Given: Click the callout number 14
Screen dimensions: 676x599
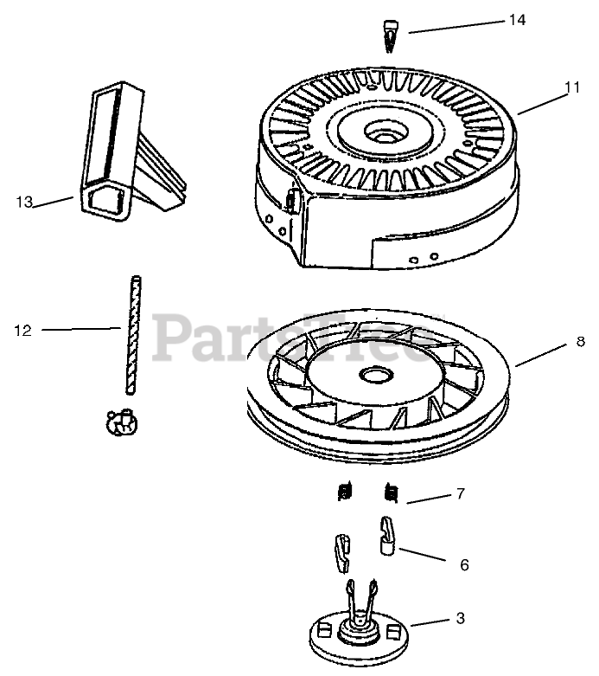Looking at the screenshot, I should click(x=517, y=20).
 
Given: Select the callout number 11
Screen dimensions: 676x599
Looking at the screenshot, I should click(x=571, y=87).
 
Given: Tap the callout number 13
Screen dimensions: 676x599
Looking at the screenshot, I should click(x=23, y=202).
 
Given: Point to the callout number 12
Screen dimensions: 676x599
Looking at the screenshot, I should click(x=23, y=330).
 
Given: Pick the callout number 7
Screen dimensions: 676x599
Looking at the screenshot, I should click(x=461, y=494).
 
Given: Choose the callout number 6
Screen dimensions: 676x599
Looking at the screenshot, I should click(x=464, y=565).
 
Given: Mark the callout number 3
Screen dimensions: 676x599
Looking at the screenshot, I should click(x=461, y=618).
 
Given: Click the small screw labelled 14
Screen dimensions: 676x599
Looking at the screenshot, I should click(x=388, y=35).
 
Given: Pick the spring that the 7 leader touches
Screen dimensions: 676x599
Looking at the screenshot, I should click(x=391, y=493).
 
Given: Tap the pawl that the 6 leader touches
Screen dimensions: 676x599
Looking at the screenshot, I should click(x=387, y=534).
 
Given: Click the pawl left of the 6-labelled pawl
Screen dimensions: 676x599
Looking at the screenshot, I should click(x=342, y=552).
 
